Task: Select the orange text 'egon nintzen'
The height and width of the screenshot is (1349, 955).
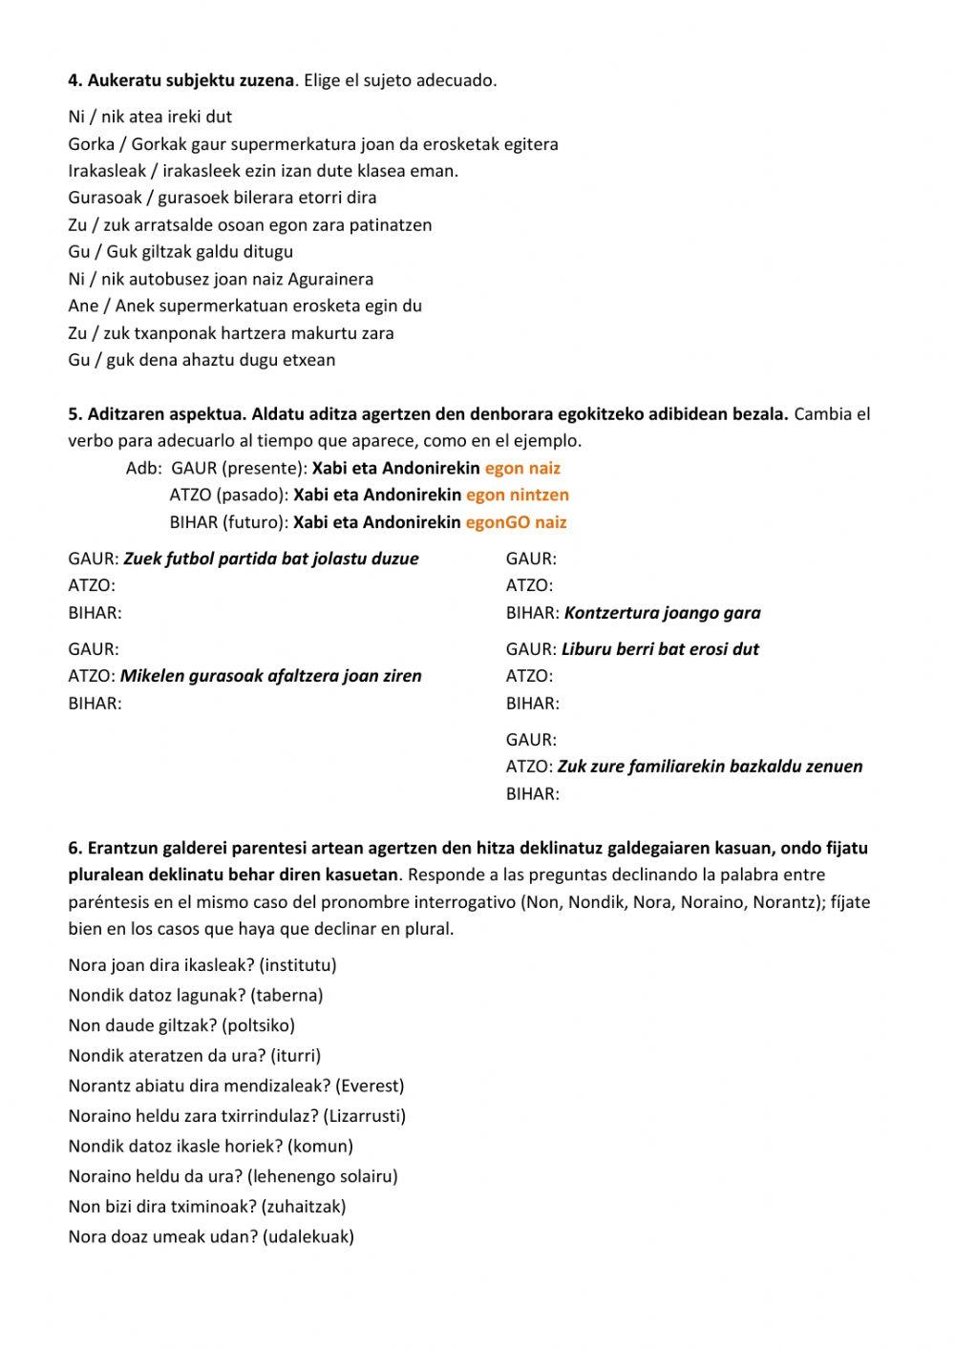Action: (x=517, y=495)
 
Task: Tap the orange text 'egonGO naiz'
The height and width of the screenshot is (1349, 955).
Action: (x=516, y=522)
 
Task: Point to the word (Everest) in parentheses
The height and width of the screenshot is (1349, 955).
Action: (x=370, y=1086)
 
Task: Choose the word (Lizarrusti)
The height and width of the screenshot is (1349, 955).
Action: (x=364, y=1116)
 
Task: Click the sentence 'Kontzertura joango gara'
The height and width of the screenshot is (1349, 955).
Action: (x=662, y=613)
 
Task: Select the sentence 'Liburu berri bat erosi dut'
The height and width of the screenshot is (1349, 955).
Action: (x=660, y=649)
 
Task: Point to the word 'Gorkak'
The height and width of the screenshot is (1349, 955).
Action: (x=159, y=144)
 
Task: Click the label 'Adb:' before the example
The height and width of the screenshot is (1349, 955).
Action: (x=142, y=468)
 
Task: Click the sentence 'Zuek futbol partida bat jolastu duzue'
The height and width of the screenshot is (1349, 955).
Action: (x=271, y=559)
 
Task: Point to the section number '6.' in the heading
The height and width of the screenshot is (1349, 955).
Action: (x=75, y=848)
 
